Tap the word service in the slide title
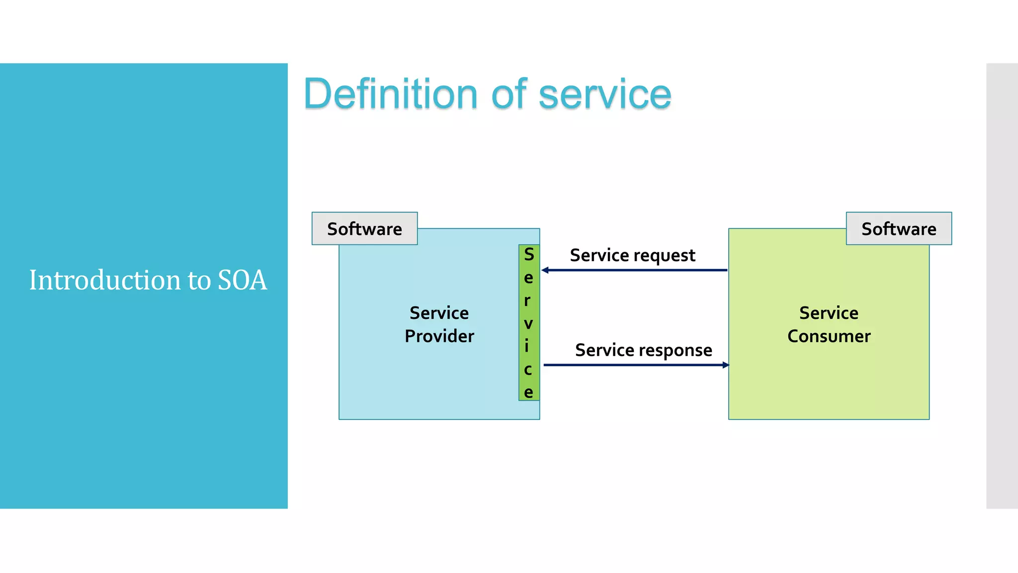(605, 95)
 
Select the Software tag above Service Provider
(364, 229)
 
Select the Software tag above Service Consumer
(899, 229)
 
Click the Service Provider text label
(439, 324)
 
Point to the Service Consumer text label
(829, 324)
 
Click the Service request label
(632, 255)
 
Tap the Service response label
(643, 350)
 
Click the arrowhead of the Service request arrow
(545, 270)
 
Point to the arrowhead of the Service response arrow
(726, 365)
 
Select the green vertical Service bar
(529, 322)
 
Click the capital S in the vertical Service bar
(529, 255)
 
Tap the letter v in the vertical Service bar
(528, 324)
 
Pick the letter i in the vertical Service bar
(527, 346)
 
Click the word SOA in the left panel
(242, 280)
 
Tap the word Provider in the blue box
(439, 336)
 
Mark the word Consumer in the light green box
(829, 336)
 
